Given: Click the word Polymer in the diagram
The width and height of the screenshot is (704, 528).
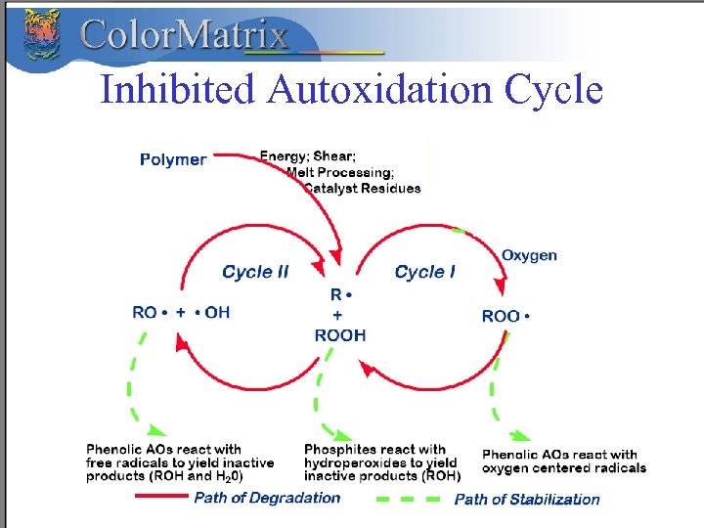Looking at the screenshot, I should click(173, 159).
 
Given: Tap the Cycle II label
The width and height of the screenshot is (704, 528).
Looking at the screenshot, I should click(255, 272).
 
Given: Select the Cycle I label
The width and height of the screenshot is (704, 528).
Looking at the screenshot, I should click(424, 272).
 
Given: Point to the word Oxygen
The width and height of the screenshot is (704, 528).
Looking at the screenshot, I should click(529, 256).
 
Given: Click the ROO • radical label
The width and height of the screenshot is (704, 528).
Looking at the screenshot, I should click(506, 317).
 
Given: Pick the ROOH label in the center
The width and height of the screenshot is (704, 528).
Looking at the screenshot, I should click(340, 335).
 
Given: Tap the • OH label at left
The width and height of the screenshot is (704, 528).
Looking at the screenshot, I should click(213, 313).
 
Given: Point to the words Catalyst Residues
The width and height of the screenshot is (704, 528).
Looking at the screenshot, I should click(362, 189).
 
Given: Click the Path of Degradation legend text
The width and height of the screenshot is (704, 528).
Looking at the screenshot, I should click(267, 499).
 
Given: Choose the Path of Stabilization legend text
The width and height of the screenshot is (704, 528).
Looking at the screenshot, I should click(527, 500).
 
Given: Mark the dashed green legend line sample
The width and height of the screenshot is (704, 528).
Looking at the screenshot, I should click(410, 499).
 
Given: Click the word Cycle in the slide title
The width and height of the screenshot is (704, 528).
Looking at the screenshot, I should click(553, 90).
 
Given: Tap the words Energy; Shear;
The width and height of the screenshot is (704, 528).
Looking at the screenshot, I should click(307, 155).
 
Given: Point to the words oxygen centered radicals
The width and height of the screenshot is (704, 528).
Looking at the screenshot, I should click(564, 468).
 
